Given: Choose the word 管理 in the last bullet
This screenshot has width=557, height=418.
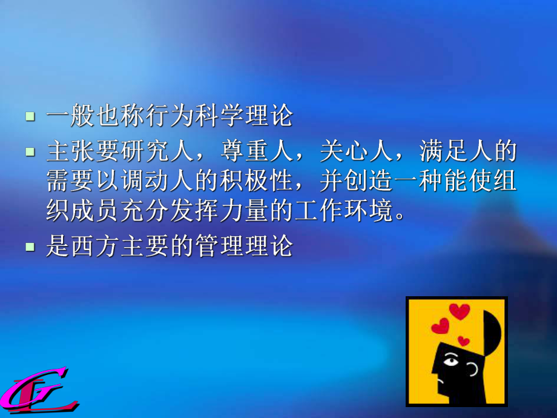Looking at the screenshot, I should click(215, 247).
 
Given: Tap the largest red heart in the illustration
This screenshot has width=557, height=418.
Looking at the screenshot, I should click(460, 311).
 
